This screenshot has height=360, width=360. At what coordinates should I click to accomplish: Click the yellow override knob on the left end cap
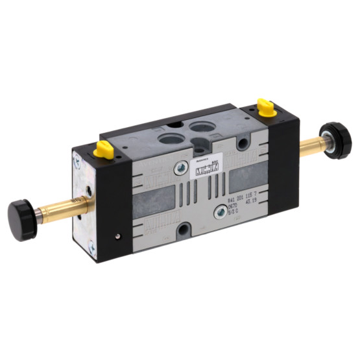(103, 150)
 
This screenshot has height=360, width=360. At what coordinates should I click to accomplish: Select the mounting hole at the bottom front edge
(183, 228)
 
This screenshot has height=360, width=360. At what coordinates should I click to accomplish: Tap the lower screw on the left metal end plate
(91, 246)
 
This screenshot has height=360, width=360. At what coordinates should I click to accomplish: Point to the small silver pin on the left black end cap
(117, 236)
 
